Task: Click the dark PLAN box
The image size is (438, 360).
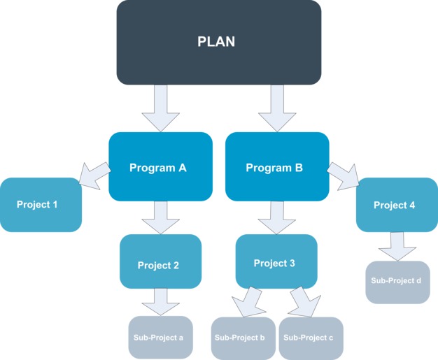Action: pos(218,42)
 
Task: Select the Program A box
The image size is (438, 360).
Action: pos(160,167)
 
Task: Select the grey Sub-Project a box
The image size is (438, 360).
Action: pos(160,338)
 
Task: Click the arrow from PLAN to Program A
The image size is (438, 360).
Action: pos(161,109)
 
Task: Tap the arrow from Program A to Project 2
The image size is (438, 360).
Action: pos(161,217)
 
